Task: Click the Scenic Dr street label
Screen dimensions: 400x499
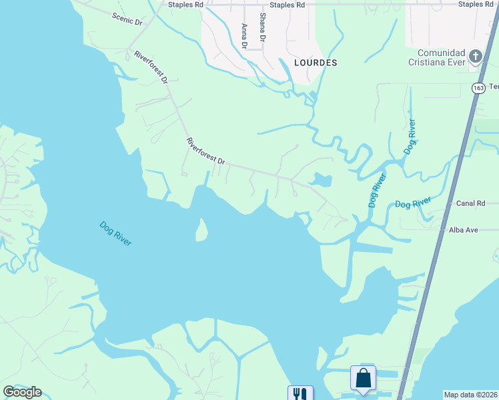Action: coord(127,19)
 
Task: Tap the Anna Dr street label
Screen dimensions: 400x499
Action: coord(245,36)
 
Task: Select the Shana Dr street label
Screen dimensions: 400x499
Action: coord(263,28)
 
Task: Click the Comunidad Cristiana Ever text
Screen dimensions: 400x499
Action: coord(440,58)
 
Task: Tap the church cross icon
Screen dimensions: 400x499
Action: coord(476,55)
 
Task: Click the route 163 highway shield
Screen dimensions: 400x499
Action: coord(478,88)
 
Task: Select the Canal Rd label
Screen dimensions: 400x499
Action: coord(470,203)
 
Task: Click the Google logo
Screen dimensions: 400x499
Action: coord(23,392)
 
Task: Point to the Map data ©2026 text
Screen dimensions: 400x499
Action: coord(470,395)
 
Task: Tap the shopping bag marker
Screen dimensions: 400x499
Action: coord(363,378)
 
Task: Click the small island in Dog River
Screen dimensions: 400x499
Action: coord(201,230)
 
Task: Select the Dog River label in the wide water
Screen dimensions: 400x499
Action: coord(115,233)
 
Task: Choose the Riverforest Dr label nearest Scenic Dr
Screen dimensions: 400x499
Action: coord(150,67)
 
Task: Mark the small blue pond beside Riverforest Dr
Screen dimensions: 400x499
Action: coord(321,180)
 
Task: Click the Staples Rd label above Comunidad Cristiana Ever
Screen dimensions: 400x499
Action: coord(475,5)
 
